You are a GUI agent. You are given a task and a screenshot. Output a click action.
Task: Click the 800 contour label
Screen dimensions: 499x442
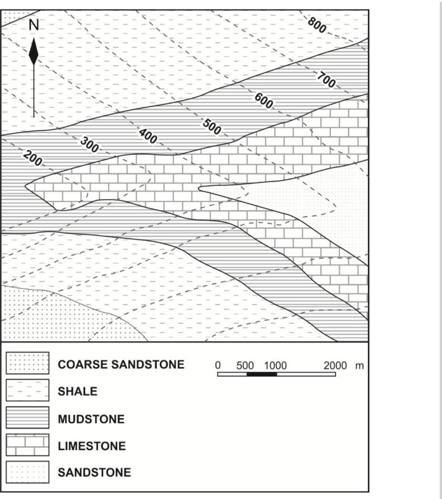tap(317, 25)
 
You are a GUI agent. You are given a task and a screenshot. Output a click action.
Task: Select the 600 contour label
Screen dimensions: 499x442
tap(264, 101)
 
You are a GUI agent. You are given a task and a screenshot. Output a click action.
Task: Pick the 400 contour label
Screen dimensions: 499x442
tap(148, 136)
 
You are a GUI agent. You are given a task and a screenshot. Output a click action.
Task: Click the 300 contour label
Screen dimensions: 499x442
tap(89, 145)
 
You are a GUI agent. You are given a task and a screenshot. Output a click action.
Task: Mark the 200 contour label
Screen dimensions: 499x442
tap(33, 159)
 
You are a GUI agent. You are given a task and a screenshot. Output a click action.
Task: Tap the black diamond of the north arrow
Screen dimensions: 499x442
tap(33, 53)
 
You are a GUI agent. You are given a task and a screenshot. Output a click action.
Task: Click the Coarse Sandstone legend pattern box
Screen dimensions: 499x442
tap(28, 364)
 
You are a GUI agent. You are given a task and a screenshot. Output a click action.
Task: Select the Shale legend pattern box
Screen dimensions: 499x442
tap(28, 391)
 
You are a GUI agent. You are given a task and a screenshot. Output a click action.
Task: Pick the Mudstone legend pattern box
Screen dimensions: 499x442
tap(28, 418)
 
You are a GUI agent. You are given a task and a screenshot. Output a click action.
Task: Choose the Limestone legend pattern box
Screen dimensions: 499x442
tap(28, 446)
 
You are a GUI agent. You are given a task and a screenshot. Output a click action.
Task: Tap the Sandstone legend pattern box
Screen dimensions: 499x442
tap(28, 472)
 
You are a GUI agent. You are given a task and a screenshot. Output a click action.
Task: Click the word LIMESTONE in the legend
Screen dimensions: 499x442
tap(92, 446)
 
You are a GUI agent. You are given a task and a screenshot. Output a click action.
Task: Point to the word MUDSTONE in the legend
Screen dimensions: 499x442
tap(91, 419)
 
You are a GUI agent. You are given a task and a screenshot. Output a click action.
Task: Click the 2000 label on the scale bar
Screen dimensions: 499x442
tap(335, 365)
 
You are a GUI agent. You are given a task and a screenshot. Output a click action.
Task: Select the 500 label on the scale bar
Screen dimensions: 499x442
tap(245, 365)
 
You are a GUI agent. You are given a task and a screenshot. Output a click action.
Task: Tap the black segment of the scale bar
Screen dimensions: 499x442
tap(262, 374)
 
